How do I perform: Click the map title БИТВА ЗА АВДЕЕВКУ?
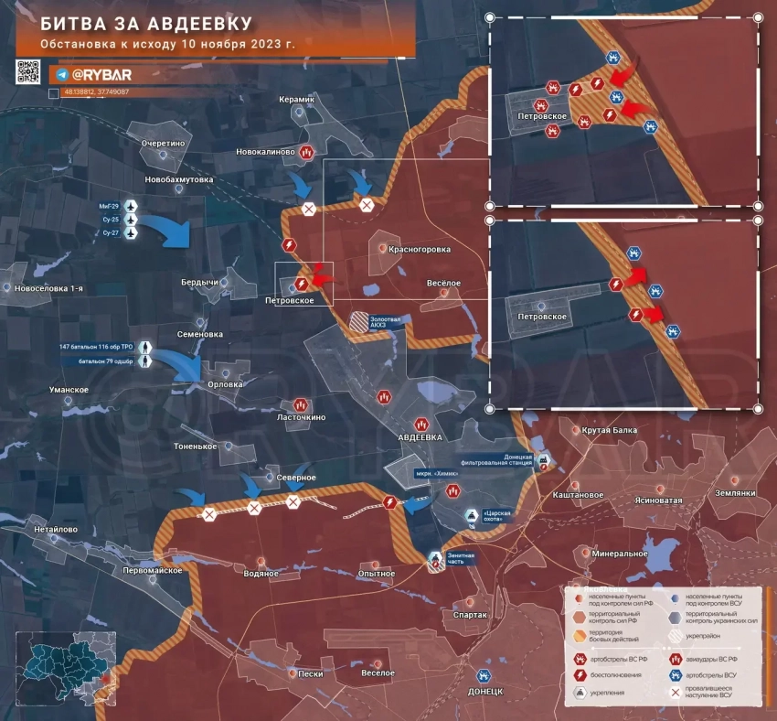pos(146,21)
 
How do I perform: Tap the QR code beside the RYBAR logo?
pos(27,72)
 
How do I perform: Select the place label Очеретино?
pos(164,144)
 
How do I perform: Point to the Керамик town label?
pos(298,98)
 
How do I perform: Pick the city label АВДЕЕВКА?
pos(420,438)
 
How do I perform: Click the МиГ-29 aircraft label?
pos(110,206)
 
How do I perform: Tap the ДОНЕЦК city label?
pos(485,692)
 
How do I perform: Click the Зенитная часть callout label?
pos(463,559)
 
